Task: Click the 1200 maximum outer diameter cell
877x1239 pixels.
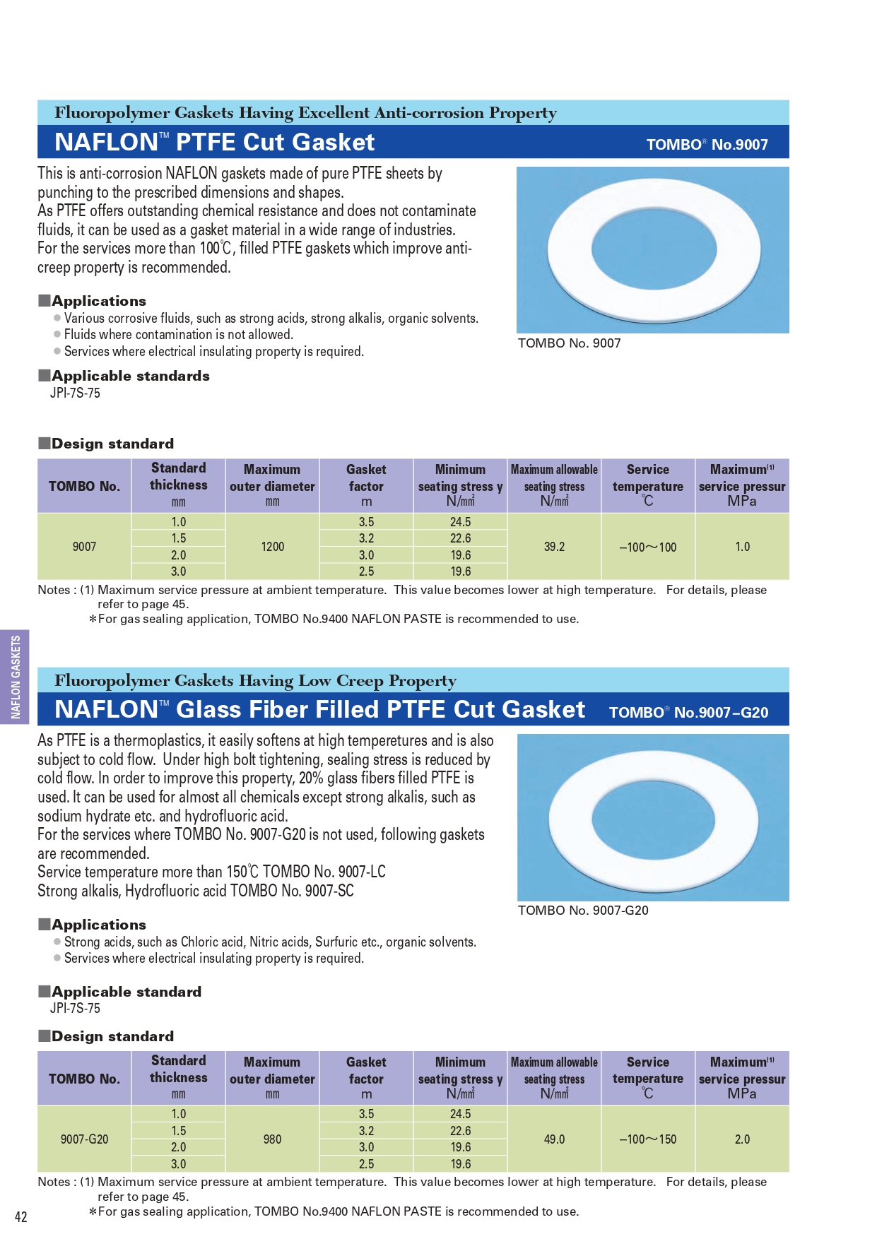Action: pyautogui.click(x=272, y=547)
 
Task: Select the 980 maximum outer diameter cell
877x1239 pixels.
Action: pyautogui.click(x=272, y=1139)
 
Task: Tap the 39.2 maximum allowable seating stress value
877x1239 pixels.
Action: pyautogui.click(x=554, y=547)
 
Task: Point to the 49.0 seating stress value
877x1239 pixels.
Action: pyautogui.click(x=554, y=1139)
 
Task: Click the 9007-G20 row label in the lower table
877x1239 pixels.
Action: pyautogui.click(x=84, y=1139)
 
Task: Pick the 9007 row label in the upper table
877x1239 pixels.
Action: pyautogui.click(x=84, y=547)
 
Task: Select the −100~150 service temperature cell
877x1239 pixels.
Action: pyautogui.click(x=647, y=1139)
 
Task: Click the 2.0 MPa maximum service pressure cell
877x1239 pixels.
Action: pyautogui.click(x=742, y=1139)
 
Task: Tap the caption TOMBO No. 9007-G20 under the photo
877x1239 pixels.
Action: pyautogui.click(x=583, y=911)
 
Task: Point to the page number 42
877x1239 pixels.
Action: pyautogui.click(x=21, y=1216)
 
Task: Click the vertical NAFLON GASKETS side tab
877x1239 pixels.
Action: pyautogui.click(x=15, y=677)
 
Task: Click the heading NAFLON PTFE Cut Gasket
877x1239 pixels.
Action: pyautogui.click(x=215, y=142)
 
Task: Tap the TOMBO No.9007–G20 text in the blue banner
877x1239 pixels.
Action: pyautogui.click(x=688, y=712)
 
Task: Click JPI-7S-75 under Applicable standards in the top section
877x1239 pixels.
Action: pyautogui.click(x=75, y=393)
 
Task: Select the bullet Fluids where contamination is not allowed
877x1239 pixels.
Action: pyautogui.click(x=178, y=335)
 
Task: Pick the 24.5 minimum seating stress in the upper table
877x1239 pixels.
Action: pyautogui.click(x=460, y=522)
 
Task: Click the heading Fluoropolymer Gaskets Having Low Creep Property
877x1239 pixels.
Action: pyautogui.click(x=255, y=681)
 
